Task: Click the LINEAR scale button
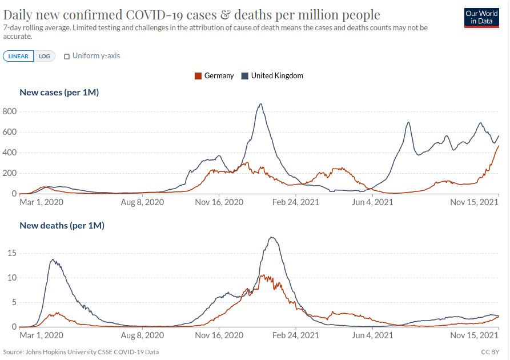18,56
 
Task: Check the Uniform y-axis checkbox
67,56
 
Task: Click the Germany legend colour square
198,75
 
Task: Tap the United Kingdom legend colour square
245,75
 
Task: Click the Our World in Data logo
481,18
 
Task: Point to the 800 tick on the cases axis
9,111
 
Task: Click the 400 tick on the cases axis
9,153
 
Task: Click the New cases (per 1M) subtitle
59,92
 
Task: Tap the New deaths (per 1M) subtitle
62,225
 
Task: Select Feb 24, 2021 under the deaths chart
296,335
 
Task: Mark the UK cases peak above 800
260,104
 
